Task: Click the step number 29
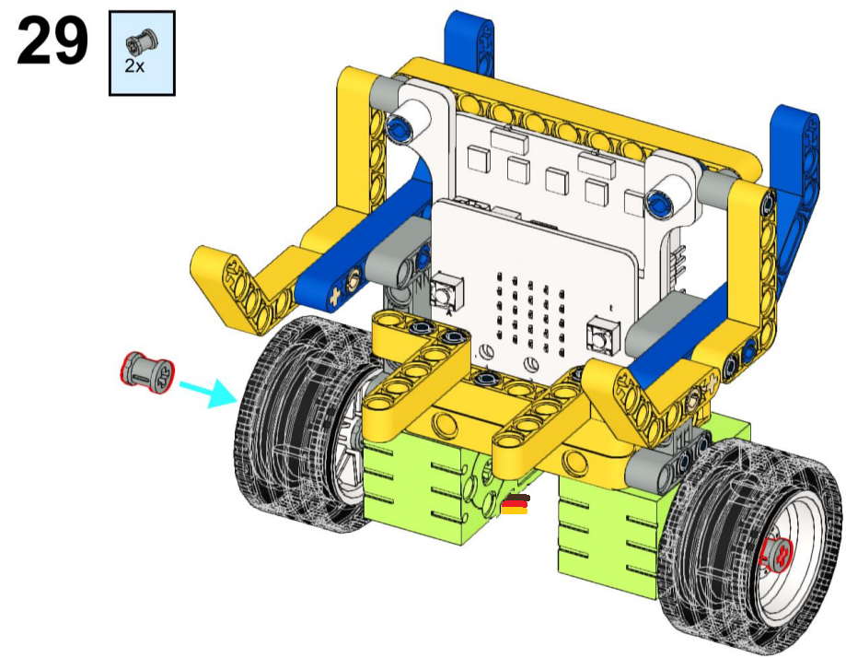point(52,41)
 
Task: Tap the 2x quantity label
point(134,66)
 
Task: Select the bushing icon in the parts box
point(143,42)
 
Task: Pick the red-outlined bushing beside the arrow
point(146,372)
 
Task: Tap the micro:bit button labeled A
point(446,293)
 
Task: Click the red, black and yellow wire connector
point(515,503)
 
